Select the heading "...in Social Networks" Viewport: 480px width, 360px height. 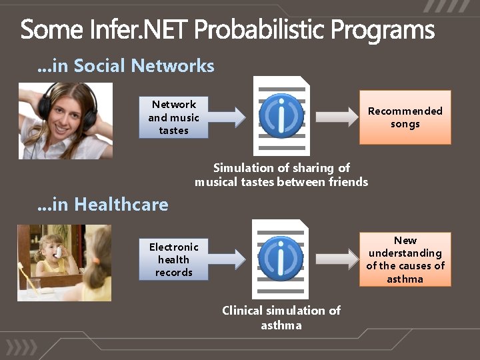125,65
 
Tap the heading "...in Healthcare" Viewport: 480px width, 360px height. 103,204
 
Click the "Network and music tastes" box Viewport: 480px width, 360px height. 173,117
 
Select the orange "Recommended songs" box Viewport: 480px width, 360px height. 405,117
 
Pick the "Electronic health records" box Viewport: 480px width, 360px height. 173,259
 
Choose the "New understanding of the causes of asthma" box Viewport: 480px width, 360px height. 405,259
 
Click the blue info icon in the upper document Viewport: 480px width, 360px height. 281,116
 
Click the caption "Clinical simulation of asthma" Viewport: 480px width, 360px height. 281,317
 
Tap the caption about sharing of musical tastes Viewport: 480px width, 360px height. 281,175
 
